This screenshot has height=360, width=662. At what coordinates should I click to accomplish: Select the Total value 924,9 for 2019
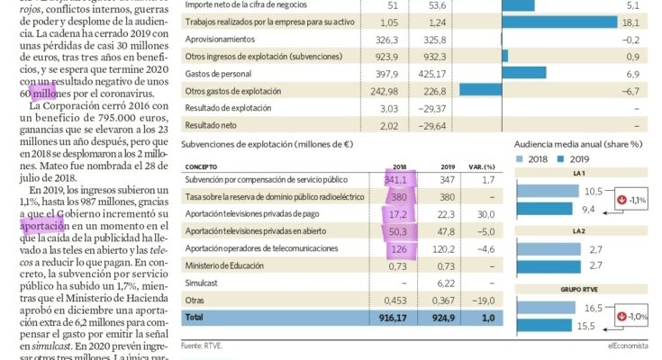pyautogui.click(x=445, y=318)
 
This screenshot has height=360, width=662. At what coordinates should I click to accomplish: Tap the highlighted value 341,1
pyautogui.click(x=396, y=180)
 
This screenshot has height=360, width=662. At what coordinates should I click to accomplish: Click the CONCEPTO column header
pyautogui.click(x=203, y=166)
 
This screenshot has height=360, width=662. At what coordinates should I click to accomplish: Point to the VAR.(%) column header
pyautogui.click(x=483, y=166)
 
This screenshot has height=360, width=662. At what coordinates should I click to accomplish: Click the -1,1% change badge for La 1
pyautogui.click(x=633, y=200)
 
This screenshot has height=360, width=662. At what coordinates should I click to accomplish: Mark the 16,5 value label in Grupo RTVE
pyautogui.click(x=594, y=308)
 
